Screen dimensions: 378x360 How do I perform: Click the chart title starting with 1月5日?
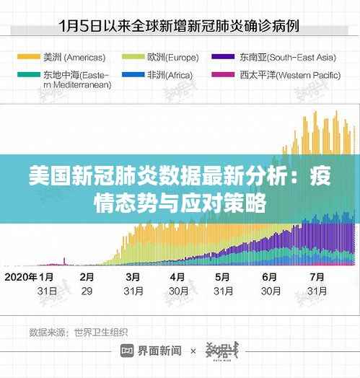[179, 27]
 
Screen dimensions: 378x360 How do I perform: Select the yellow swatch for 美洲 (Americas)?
[28, 56]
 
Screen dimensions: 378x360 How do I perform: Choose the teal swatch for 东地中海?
[28, 74]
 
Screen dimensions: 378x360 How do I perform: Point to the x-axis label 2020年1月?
[30, 277]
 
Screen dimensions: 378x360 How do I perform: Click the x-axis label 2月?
[87, 277]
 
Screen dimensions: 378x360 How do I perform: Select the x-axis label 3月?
[133, 277]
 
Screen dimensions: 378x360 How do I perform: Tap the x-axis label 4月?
[177, 277]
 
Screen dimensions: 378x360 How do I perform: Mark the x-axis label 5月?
[223, 277]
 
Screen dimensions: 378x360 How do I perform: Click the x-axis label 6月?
[270, 277]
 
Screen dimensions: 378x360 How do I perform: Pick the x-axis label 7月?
[315, 277]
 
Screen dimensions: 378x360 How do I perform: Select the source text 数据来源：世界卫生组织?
[78, 333]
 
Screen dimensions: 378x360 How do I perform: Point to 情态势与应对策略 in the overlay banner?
[180, 200]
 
